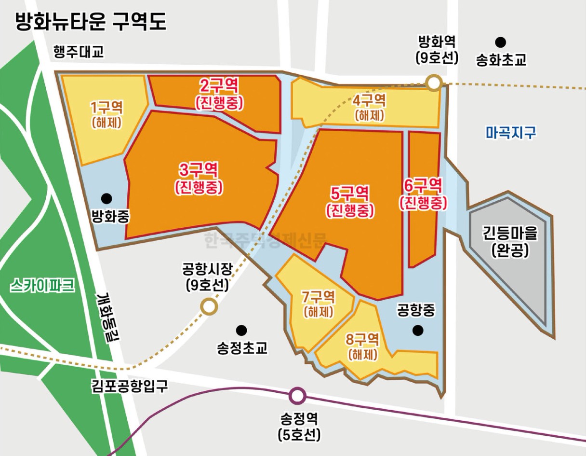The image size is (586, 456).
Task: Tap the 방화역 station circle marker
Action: (434, 83)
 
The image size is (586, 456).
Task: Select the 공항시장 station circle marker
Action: (209, 306)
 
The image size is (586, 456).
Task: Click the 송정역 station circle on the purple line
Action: (298, 396)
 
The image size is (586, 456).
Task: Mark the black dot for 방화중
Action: (107, 198)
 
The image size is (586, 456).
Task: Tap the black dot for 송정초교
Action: (241, 330)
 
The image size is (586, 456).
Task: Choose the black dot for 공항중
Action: (417, 331)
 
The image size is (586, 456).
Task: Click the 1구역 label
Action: (107, 107)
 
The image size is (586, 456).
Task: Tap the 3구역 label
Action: (199, 170)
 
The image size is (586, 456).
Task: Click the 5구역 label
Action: (350, 194)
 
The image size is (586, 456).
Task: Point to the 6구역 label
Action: (423, 185)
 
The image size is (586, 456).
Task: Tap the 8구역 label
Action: (362, 339)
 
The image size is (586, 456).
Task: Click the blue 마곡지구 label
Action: (511, 132)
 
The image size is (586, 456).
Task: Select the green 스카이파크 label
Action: (42, 286)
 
